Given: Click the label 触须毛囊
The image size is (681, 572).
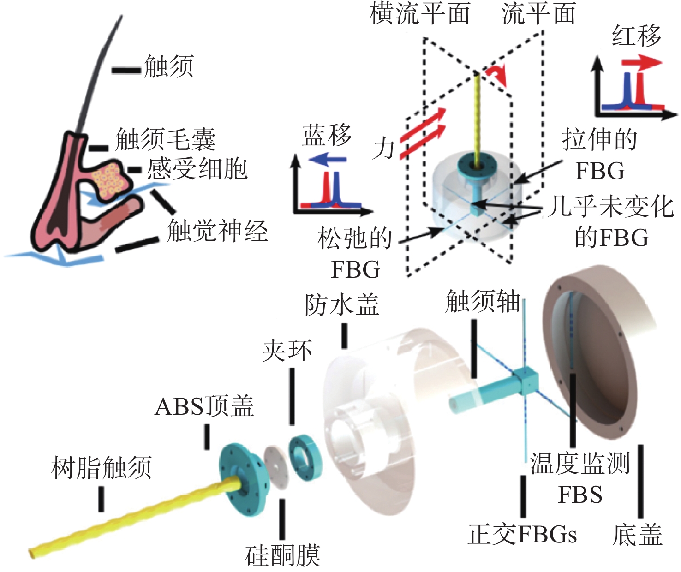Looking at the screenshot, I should tap(165, 139).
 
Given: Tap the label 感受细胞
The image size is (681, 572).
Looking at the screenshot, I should tap(197, 169).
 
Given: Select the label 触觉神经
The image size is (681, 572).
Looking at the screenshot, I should tap(217, 230).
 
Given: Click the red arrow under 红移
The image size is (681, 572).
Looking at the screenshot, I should tap(641, 63).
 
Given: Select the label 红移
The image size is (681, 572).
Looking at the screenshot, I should tap(636, 36).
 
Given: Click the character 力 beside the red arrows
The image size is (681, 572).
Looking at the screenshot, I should tap(384, 149).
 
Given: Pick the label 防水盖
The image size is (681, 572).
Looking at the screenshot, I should tap(342, 304).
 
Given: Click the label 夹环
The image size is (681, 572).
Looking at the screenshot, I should tap(287, 351).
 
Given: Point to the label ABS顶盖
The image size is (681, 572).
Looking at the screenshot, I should tap(204, 406).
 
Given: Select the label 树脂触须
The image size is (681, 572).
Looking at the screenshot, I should tap(102, 467).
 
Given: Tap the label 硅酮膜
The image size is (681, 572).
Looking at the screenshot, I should tap(282, 555).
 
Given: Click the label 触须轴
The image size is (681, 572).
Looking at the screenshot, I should tap(483, 302).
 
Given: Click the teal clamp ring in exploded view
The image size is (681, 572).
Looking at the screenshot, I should tap(305, 457).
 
